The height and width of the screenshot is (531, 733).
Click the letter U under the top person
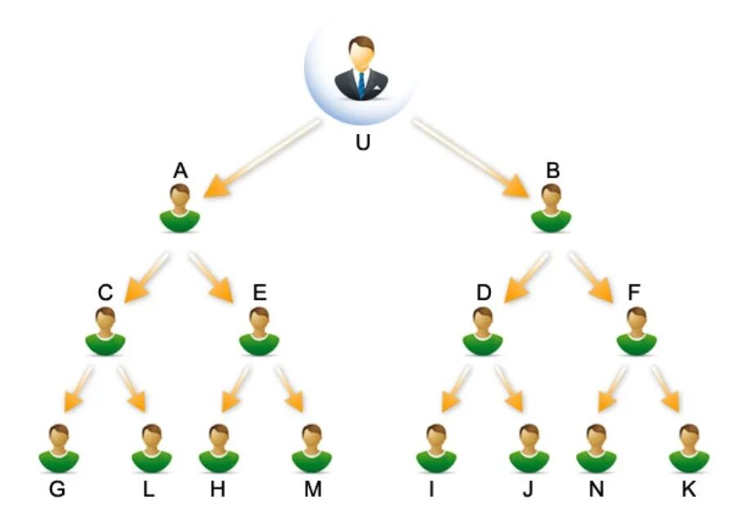point(363,143)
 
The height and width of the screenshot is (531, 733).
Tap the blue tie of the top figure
point(360,84)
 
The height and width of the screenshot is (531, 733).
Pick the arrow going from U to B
point(470,158)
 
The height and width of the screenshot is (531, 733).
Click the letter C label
point(105,292)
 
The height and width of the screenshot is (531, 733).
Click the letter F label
point(634,292)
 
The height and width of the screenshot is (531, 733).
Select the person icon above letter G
point(59,448)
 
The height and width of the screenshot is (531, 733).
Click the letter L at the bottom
point(149,489)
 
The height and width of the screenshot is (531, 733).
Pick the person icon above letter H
point(219,448)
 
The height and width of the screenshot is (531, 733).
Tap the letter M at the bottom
point(313,489)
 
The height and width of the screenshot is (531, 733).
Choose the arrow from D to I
point(454,388)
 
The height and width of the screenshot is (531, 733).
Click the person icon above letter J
point(530,448)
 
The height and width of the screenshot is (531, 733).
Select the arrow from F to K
point(666,388)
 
